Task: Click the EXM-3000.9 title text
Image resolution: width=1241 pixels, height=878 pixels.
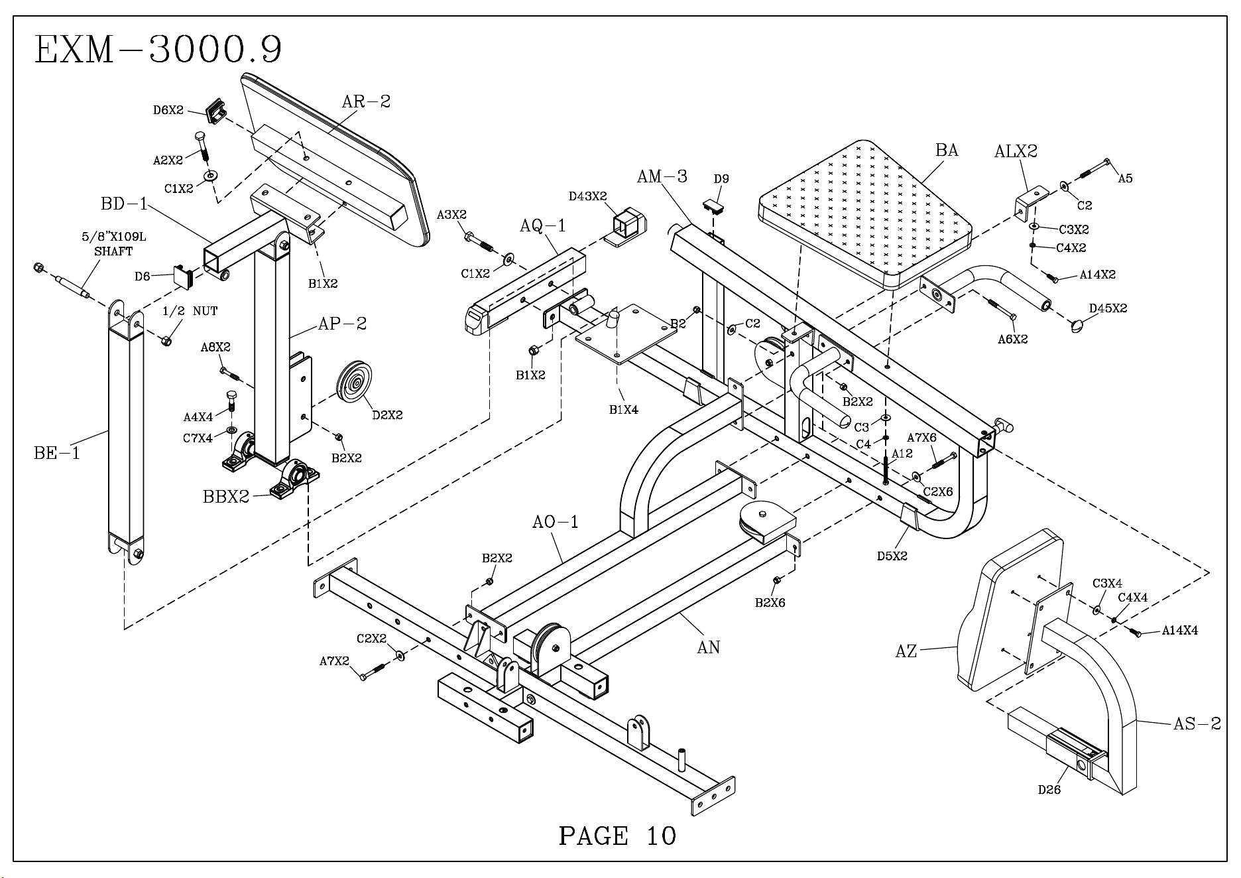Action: pyautogui.click(x=158, y=50)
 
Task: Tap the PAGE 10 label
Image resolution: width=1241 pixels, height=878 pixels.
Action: pyautogui.click(x=617, y=836)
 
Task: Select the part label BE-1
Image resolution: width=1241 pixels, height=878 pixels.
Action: pyautogui.click(x=56, y=454)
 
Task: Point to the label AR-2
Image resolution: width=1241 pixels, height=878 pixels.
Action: pyautogui.click(x=366, y=101)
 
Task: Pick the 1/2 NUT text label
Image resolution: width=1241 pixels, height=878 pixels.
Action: pyautogui.click(x=190, y=311)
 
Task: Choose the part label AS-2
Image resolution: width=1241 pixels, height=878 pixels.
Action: pyautogui.click(x=1197, y=723)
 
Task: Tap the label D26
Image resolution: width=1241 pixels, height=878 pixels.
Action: pyautogui.click(x=1049, y=790)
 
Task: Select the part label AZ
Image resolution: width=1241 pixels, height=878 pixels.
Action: pyautogui.click(x=906, y=652)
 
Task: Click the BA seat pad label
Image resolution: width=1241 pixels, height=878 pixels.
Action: pyautogui.click(x=947, y=151)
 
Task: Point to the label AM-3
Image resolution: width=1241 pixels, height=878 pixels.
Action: pyautogui.click(x=662, y=176)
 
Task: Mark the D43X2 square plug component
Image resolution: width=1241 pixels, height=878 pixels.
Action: pyautogui.click(x=624, y=227)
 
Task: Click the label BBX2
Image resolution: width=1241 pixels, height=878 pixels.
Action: pyautogui.click(x=226, y=497)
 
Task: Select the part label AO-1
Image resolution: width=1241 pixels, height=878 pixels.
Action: pyautogui.click(x=556, y=523)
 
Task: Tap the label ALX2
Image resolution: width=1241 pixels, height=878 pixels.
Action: pyautogui.click(x=1016, y=152)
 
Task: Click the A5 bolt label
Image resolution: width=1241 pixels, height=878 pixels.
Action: pyautogui.click(x=1126, y=178)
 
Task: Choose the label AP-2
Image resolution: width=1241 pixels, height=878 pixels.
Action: pyautogui.click(x=342, y=324)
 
